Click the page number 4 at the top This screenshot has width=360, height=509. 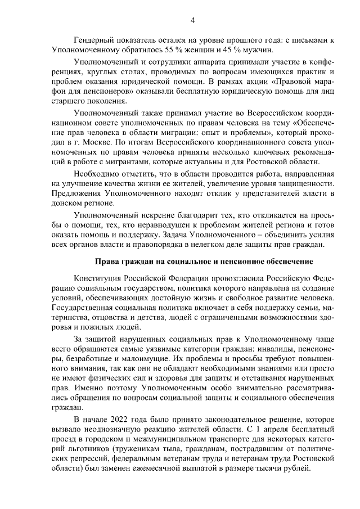[x=192, y=21]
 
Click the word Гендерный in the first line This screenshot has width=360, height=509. [x=96, y=40]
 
